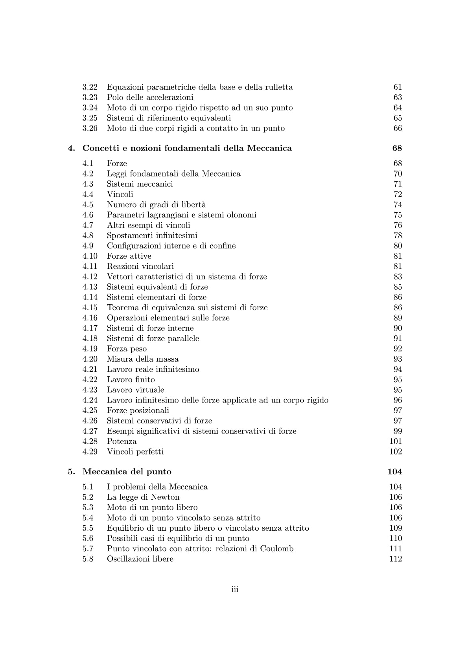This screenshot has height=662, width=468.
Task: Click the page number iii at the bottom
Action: click(x=235, y=589)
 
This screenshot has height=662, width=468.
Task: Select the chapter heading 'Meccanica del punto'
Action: click(x=127, y=471)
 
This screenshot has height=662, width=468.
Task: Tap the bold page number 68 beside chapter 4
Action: click(x=397, y=148)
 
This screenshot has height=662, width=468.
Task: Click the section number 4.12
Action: click(x=90, y=277)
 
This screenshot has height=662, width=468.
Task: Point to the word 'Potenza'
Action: click(x=122, y=441)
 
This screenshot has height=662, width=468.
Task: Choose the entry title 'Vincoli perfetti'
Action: click(x=135, y=451)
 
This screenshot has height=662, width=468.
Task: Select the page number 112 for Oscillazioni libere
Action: click(x=395, y=559)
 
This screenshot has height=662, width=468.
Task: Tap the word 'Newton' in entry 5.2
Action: click(x=165, y=497)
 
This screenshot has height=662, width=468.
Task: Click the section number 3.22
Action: click(x=90, y=87)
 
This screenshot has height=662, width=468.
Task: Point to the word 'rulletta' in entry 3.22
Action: click(x=278, y=87)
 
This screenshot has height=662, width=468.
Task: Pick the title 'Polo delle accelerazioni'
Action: click(x=150, y=97)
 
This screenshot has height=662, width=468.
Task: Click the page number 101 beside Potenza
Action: click(x=395, y=441)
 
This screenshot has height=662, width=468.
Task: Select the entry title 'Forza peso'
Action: click(x=127, y=349)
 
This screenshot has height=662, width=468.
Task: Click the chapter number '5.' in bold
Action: click(x=71, y=471)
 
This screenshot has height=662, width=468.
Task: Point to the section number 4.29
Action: click(x=90, y=451)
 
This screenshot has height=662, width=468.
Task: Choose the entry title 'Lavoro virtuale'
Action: click(x=135, y=390)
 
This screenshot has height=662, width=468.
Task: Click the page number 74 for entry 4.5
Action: click(x=398, y=204)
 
